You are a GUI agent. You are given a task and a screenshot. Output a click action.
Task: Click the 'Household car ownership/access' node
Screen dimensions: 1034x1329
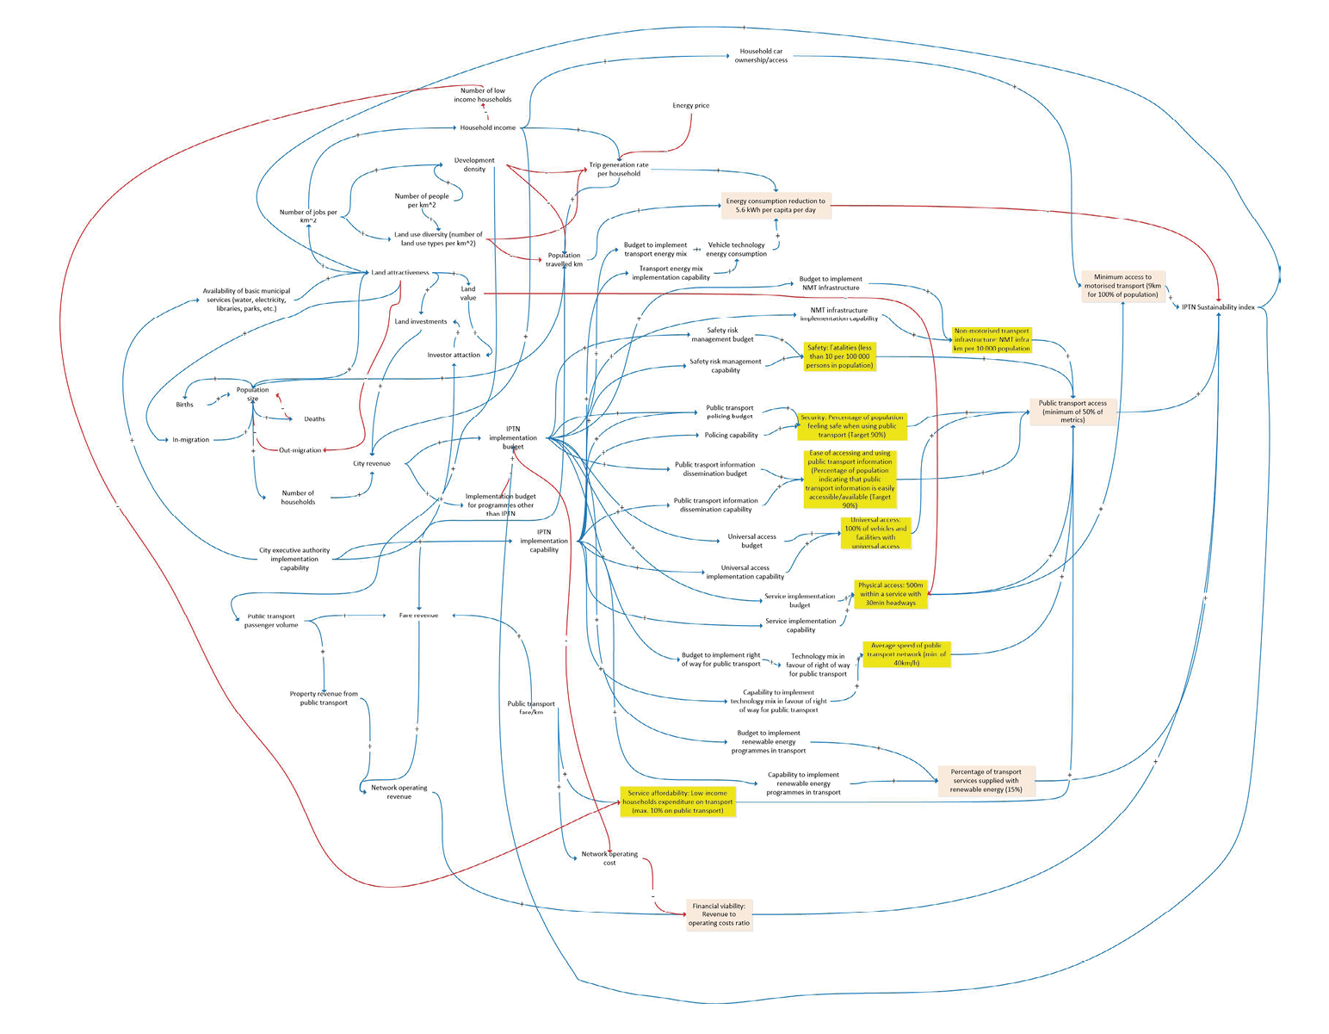click(761, 56)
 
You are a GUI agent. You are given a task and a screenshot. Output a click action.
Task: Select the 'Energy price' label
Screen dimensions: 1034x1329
click(690, 106)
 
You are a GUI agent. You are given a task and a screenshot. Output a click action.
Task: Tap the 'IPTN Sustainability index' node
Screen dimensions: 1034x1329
click(1218, 307)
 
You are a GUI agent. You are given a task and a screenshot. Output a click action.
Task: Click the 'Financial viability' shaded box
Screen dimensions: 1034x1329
click(719, 914)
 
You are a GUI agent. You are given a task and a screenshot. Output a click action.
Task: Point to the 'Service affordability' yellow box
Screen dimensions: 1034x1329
click(677, 802)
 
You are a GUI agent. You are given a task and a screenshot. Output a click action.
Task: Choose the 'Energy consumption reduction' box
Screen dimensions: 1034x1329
click(776, 206)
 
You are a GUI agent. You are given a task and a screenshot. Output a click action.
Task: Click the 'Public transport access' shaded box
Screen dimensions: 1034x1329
click(1072, 412)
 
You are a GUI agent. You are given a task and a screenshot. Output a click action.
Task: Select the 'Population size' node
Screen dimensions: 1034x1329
click(252, 394)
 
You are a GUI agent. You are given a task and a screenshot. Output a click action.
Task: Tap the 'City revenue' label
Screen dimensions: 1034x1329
click(372, 464)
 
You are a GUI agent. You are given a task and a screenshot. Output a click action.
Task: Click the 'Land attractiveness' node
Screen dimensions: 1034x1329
click(399, 273)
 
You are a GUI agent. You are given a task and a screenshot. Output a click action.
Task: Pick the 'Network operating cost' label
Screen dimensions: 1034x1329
click(609, 858)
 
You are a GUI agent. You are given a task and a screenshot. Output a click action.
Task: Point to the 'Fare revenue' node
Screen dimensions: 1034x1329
click(418, 616)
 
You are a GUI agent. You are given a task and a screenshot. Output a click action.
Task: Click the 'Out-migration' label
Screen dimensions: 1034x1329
click(300, 450)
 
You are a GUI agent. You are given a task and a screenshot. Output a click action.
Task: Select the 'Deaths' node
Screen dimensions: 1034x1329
click(314, 419)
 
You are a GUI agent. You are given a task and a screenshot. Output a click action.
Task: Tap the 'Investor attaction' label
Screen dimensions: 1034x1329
click(454, 355)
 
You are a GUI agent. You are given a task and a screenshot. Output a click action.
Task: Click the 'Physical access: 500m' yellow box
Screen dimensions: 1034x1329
click(890, 594)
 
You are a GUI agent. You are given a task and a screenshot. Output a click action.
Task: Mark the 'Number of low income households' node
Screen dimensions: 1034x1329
click(483, 95)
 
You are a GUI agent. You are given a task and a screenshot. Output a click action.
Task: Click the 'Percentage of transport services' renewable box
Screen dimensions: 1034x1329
click(986, 781)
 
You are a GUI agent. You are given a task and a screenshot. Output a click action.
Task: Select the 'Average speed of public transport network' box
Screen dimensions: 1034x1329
click(906, 654)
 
